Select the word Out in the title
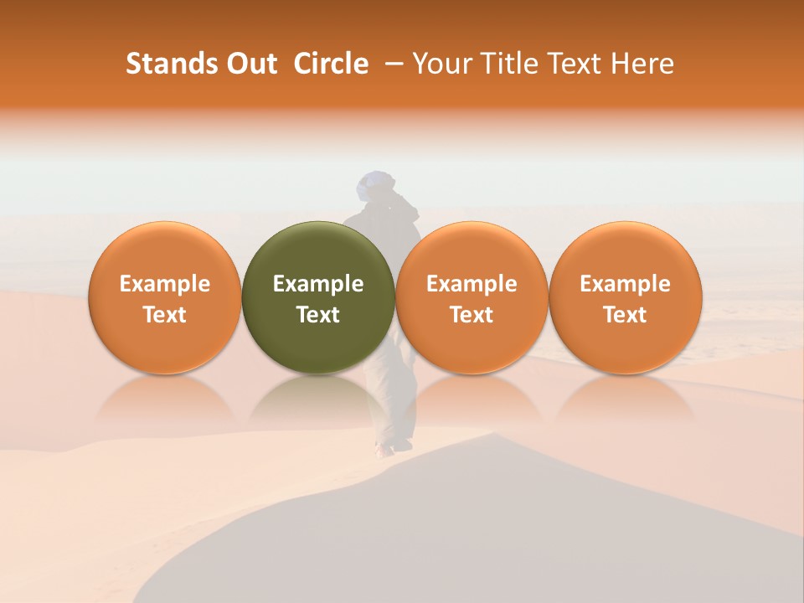click(x=250, y=64)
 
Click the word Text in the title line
click(x=577, y=64)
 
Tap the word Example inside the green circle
click(x=318, y=284)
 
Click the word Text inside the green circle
click(x=318, y=315)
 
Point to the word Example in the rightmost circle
click(x=625, y=284)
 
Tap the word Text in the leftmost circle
click(x=164, y=315)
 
